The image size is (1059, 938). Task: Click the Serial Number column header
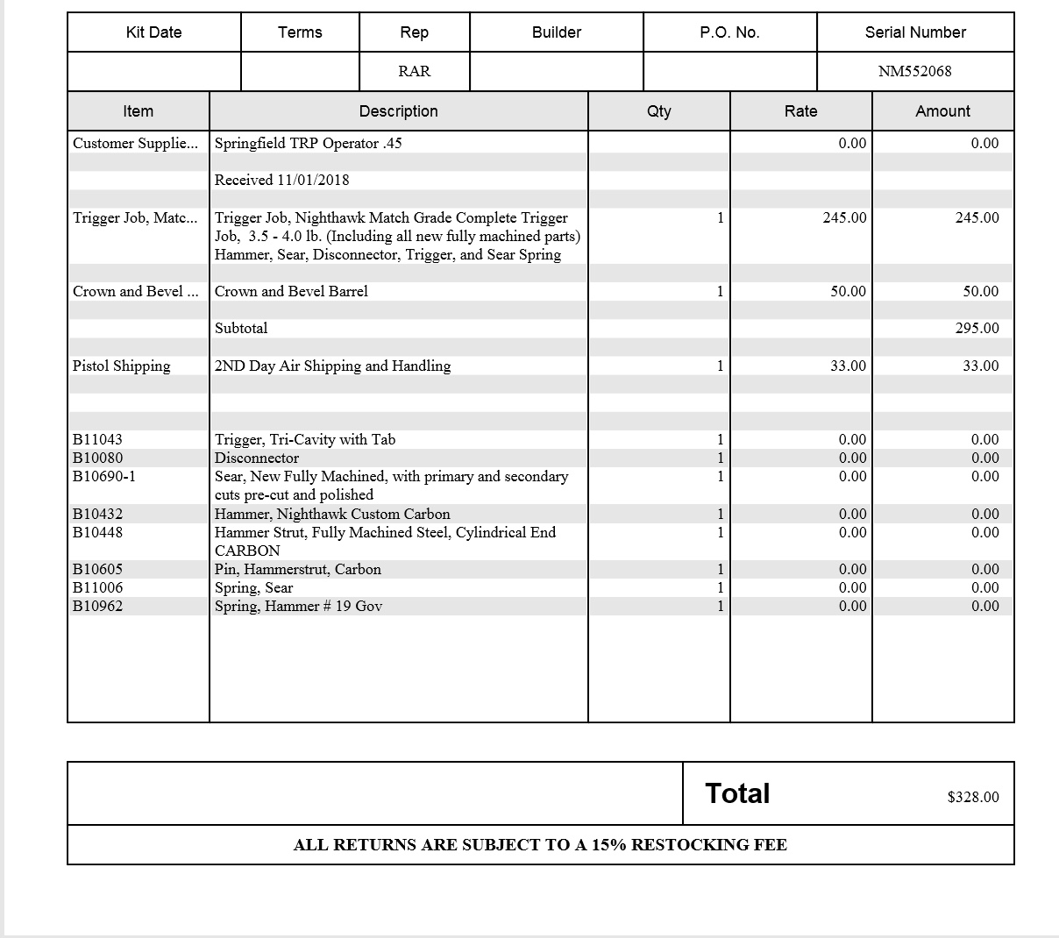(914, 32)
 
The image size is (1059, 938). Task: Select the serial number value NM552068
(914, 71)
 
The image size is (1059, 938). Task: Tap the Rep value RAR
(414, 71)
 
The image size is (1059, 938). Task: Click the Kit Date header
(153, 32)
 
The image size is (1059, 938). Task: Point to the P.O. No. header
(729, 32)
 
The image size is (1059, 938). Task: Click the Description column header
(398, 111)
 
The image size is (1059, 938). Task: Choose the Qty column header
(658, 111)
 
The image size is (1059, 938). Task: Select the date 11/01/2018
(313, 180)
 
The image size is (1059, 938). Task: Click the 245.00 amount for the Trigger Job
(977, 217)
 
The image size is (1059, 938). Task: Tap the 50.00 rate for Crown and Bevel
(848, 291)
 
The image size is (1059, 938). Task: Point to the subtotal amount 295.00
(977, 328)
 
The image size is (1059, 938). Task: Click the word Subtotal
(241, 328)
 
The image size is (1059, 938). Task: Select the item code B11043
(97, 439)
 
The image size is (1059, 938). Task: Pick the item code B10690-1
(103, 476)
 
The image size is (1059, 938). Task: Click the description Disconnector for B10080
(257, 458)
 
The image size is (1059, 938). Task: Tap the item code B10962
(97, 606)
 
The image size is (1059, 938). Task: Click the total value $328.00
(972, 797)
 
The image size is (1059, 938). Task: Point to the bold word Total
(737, 793)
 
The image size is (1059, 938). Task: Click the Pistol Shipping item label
(121, 366)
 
